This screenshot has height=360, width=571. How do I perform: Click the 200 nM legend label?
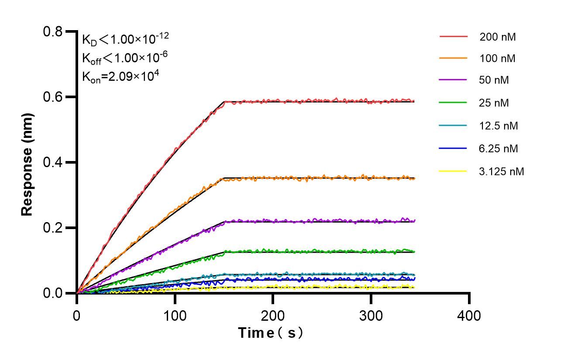point(497,37)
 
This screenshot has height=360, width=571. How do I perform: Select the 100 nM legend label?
point(497,58)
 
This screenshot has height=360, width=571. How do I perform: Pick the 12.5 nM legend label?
point(499,126)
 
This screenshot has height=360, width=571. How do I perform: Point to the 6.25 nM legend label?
point(499,148)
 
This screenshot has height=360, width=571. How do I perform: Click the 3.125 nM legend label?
point(501,171)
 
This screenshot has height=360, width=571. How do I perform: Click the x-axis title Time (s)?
point(271,333)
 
